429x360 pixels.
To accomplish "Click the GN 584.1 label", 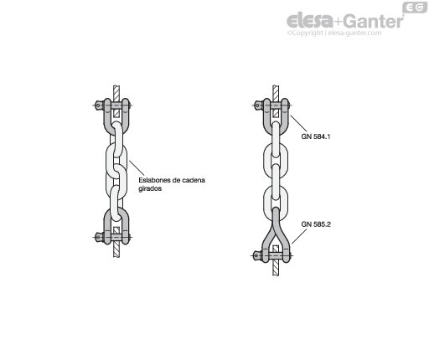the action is point(316,136).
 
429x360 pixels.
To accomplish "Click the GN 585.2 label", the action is point(316,224).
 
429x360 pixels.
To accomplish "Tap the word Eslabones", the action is point(154,180).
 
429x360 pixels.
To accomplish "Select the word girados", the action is point(150,188).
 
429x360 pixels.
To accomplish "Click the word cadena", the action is point(194,180).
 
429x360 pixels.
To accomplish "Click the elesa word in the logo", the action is point(310,21).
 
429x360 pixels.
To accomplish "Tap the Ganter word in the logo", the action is point(373,21).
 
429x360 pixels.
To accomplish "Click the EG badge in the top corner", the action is point(415,8).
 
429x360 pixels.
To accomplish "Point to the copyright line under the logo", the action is point(334,33).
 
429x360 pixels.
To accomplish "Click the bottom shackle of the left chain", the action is point(106,224).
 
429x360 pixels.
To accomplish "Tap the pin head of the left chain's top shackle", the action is point(99,105).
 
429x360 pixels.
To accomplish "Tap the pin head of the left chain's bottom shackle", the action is point(99,237).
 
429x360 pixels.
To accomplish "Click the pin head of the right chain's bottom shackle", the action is point(256,255).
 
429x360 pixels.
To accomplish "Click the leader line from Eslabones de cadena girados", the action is point(137,167).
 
